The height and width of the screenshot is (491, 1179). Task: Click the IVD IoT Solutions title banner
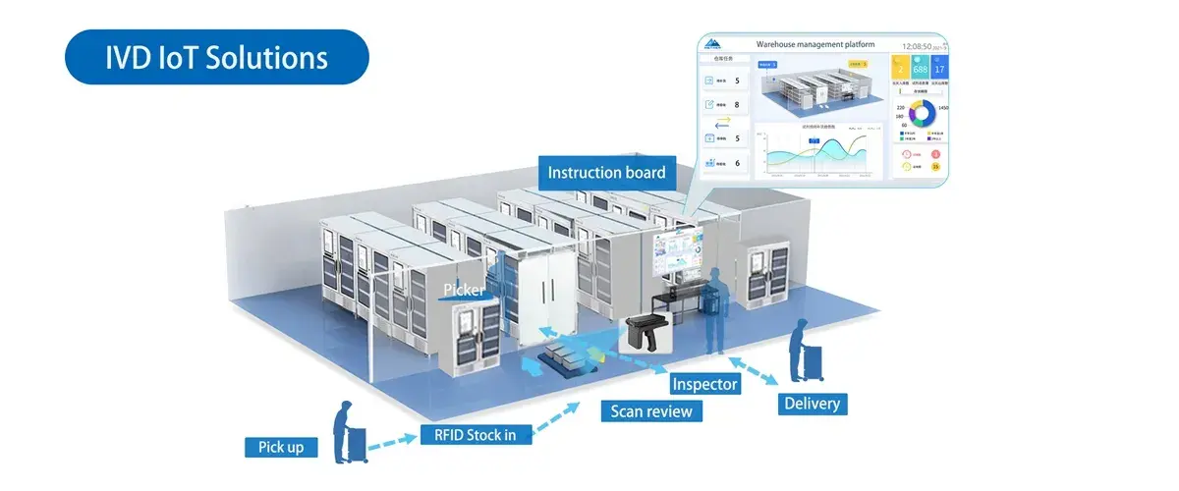coord(217,57)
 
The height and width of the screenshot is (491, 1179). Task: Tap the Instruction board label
coord(606,173)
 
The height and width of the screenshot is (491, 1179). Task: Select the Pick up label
coord(281,447)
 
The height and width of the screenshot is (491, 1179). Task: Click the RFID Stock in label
coord(468,433)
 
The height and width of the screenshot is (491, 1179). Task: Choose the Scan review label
coord(651,410)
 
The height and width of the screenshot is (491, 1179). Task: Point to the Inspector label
coord(703,384)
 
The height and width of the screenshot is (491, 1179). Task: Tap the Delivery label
coord(812,403)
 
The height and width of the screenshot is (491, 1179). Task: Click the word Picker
coord(465,290)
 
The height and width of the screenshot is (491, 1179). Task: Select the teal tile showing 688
coord(921,70)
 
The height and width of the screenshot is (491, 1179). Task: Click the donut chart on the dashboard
coord(921,114)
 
